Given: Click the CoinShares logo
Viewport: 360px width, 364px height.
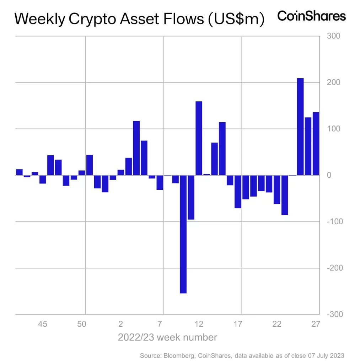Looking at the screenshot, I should (x=311, y=16).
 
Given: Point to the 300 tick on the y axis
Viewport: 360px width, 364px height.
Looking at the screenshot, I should (x=334, y=36).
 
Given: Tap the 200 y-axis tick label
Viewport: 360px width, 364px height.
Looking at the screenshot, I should (x=334, y=82).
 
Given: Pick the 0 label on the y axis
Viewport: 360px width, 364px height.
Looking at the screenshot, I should (x=329, y=175).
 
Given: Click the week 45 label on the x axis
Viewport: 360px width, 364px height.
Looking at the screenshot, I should (x=43, y=324).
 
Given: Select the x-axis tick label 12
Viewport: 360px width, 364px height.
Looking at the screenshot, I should (x=199, y=324).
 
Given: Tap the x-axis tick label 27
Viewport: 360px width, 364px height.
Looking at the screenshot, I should (x=316, y=324).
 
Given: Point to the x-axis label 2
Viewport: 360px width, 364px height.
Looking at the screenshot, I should (x=121, y=324).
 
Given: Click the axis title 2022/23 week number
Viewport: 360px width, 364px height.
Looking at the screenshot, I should (x=167, y=337).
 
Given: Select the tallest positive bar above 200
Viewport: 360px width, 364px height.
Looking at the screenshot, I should (x=300, y=127).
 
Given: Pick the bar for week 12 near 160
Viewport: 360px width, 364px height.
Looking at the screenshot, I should (x=199, y=138).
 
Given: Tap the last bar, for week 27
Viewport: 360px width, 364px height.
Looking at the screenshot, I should (x=316, y=144).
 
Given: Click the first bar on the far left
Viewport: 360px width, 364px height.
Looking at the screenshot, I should (x=19, y=172).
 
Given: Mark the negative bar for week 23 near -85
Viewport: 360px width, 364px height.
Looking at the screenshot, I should (x=285, y=195).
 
